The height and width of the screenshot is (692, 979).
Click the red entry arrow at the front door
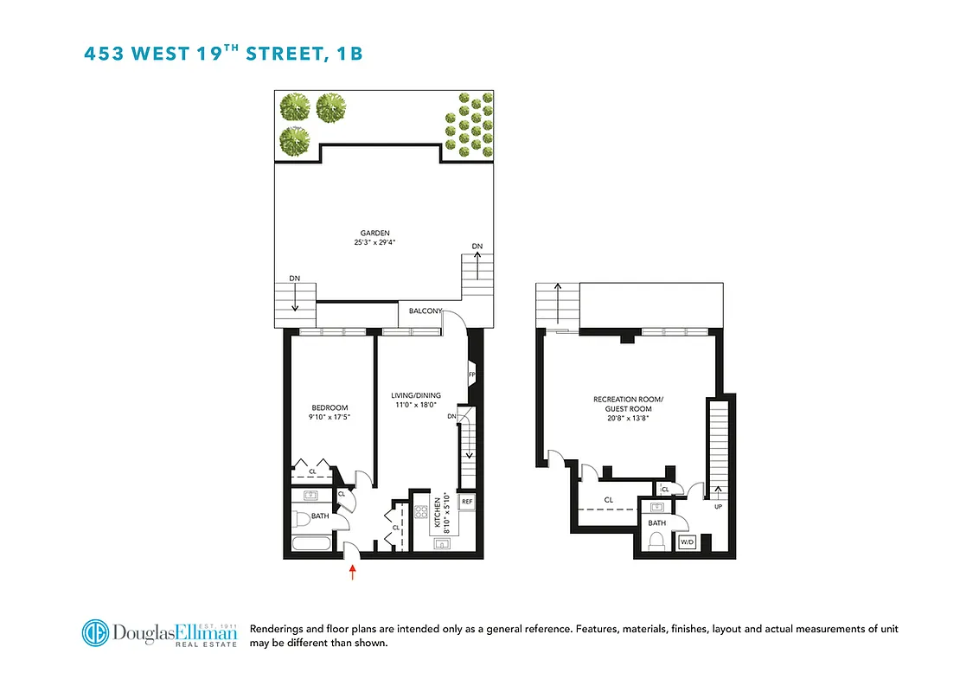click(352, 572)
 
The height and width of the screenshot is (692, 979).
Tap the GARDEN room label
click(375, 233)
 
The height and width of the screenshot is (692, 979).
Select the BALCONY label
click(426, 311)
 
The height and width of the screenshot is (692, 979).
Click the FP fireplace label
click(471, 375)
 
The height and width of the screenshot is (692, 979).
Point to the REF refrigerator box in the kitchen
click(467, 502)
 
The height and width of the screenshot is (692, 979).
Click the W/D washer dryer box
click(688, 543)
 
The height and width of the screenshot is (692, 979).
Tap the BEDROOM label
click(330, 408)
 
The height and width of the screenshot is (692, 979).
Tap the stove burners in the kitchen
click(423, 513)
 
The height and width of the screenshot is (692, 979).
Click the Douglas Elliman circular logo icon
click(95, 632)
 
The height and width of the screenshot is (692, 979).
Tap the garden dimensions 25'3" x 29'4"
click(375, 243)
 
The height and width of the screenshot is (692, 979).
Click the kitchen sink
click(441, 545)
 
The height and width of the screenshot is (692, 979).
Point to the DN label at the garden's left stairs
click(294, 279)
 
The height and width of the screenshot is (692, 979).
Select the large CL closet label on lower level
click(609, 500)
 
